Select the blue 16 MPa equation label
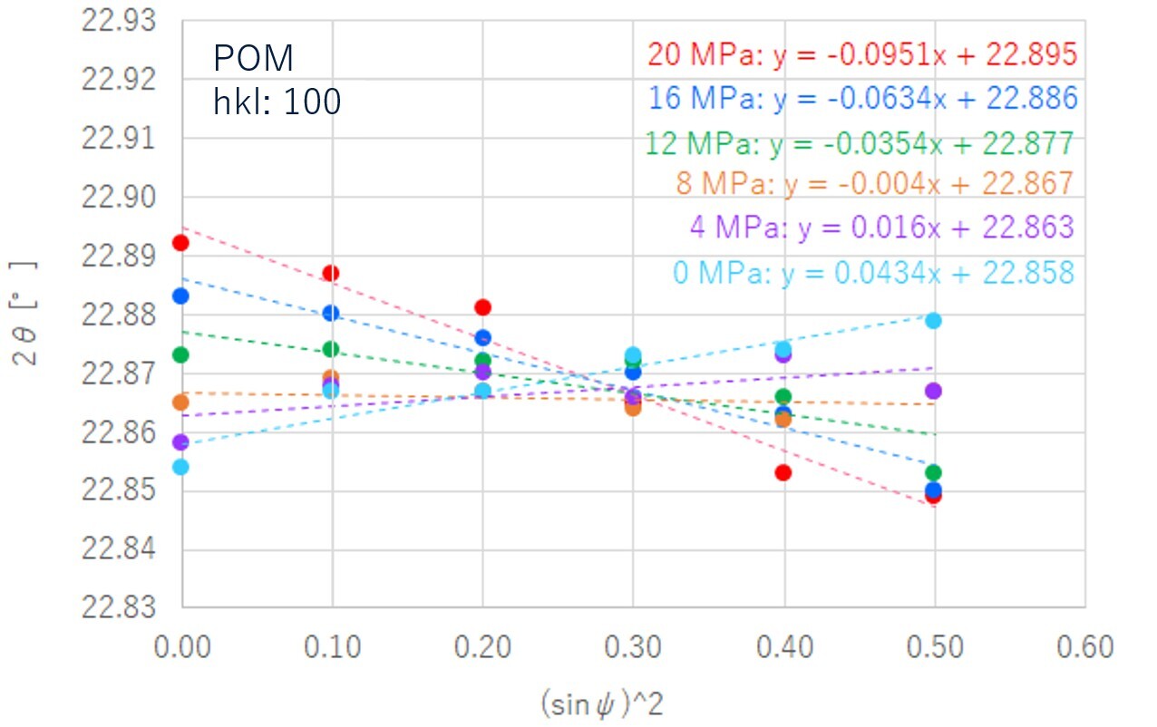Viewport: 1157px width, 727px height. point(862,99)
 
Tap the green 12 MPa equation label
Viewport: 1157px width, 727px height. point(859,143)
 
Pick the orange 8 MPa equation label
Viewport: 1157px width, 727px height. point(874,184)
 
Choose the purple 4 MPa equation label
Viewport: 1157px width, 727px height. point(881,227)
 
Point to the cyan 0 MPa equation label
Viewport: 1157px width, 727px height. point(873,272)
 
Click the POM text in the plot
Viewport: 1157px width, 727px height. point(254,60)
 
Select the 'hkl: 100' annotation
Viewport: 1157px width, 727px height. point(277,102)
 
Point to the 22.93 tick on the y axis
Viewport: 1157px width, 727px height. point(118,20)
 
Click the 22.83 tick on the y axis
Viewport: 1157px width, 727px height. point(118,608)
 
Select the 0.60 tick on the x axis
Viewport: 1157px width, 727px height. point(1084,646)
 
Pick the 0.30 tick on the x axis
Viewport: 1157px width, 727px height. point(633,646)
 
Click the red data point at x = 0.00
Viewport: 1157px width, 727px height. point(180,243)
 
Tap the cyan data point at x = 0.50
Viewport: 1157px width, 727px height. point(933,321)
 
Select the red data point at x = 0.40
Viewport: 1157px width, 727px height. point(783,472)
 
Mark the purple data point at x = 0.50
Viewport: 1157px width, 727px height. point(933,391)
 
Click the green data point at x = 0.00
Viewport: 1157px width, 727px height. point(180,354)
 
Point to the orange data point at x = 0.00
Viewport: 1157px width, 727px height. point(180,402)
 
